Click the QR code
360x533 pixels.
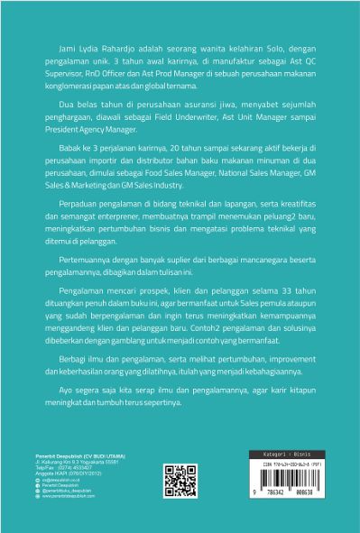click(177, 504)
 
